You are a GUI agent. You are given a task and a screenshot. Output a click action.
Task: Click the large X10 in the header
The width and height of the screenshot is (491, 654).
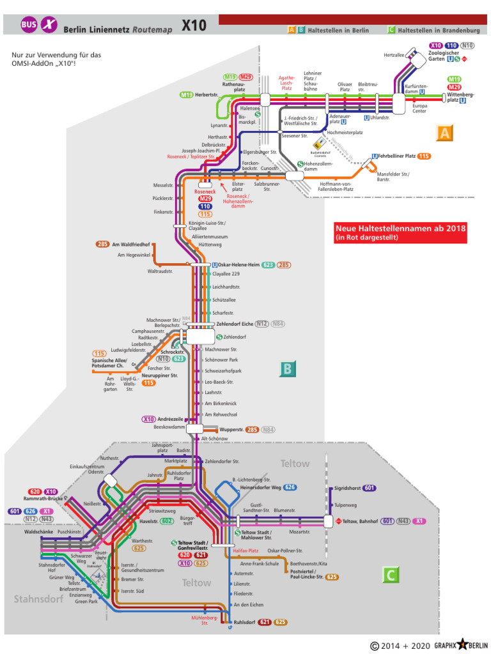pos(194,25)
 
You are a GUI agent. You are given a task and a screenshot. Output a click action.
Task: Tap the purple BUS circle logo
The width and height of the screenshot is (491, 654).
pos(29,25)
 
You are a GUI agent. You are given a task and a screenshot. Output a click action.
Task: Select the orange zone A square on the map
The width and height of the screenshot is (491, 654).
pos(444,133)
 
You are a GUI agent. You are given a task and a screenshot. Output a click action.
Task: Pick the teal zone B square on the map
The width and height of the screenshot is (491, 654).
pos(288,369)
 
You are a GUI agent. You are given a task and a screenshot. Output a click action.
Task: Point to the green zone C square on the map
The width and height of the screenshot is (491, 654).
pos(391,575)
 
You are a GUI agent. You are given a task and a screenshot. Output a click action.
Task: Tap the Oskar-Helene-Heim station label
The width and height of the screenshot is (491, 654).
pos(238,264)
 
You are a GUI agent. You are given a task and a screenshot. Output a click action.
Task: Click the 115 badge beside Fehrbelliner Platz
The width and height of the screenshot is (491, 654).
pos(424,156)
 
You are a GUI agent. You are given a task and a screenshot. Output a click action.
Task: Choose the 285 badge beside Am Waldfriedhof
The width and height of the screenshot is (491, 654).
pos(103,244)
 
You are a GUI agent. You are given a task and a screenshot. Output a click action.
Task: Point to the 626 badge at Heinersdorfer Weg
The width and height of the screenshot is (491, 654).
pos(290,487)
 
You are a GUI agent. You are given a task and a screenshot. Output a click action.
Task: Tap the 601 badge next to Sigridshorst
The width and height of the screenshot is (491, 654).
pos(369,488)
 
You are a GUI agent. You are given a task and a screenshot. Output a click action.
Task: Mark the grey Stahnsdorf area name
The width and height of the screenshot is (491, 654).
pos(39,598)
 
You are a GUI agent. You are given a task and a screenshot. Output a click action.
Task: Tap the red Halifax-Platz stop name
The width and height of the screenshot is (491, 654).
pos(245,551)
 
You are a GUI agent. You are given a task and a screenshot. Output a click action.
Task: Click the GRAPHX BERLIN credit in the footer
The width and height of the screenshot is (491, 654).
pos(462,646)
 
